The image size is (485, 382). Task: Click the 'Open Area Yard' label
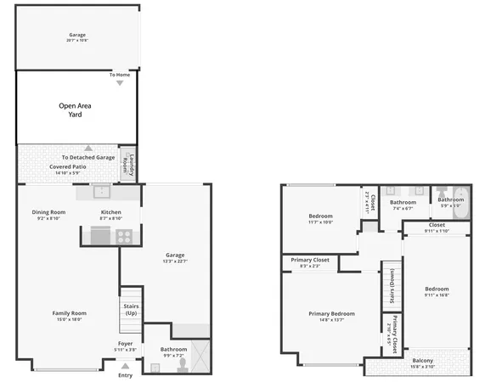coord(76,110)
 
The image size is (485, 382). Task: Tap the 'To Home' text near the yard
coord(119,75)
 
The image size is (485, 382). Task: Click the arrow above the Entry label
coord(125,365)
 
